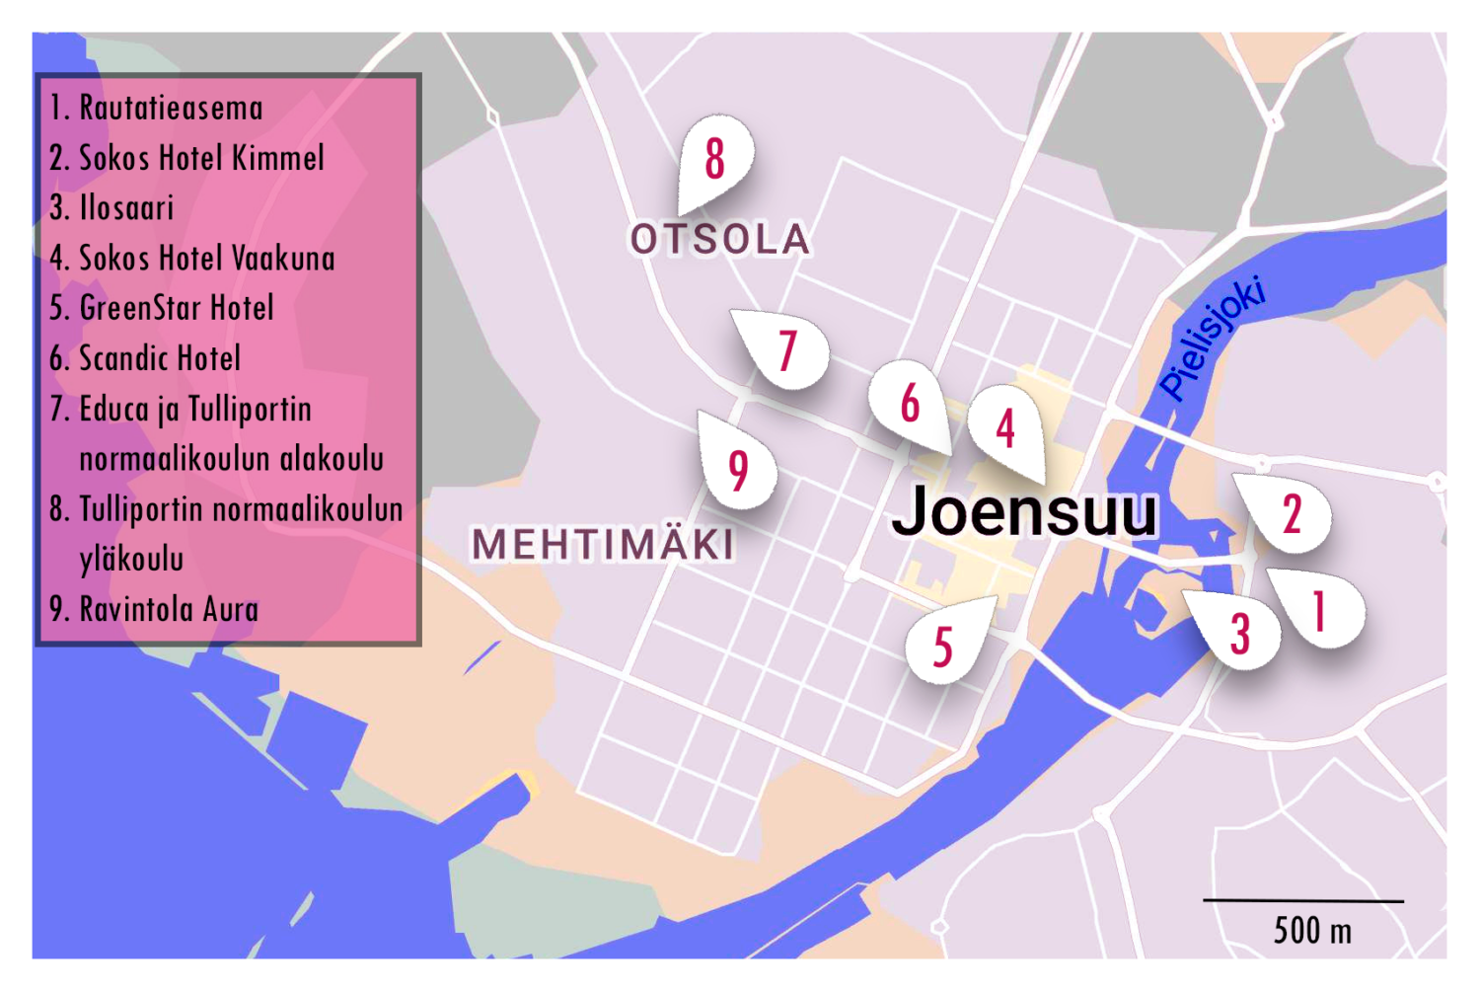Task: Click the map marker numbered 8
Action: (715, 159)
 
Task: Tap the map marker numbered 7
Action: (787, 350)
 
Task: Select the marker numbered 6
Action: (910, 403)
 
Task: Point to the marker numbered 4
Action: (1005, 427)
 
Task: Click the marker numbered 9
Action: (738, 470)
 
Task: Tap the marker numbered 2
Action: (1291, 513)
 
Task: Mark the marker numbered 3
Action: (1239, 633)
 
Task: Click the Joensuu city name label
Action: (1024, 511)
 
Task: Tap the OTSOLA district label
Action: (720, 239)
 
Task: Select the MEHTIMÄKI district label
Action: (603, 544)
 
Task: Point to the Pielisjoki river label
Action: (1213, 339)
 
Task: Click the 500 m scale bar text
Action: (1311, 930)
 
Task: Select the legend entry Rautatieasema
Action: (158, 108)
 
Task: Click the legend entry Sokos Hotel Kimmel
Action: (187, 158)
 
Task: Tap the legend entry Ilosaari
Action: (112, 208)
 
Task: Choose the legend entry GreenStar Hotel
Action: (163, 308)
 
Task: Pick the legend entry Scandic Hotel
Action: (146, 358)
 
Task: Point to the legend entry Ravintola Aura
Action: (155, 609)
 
